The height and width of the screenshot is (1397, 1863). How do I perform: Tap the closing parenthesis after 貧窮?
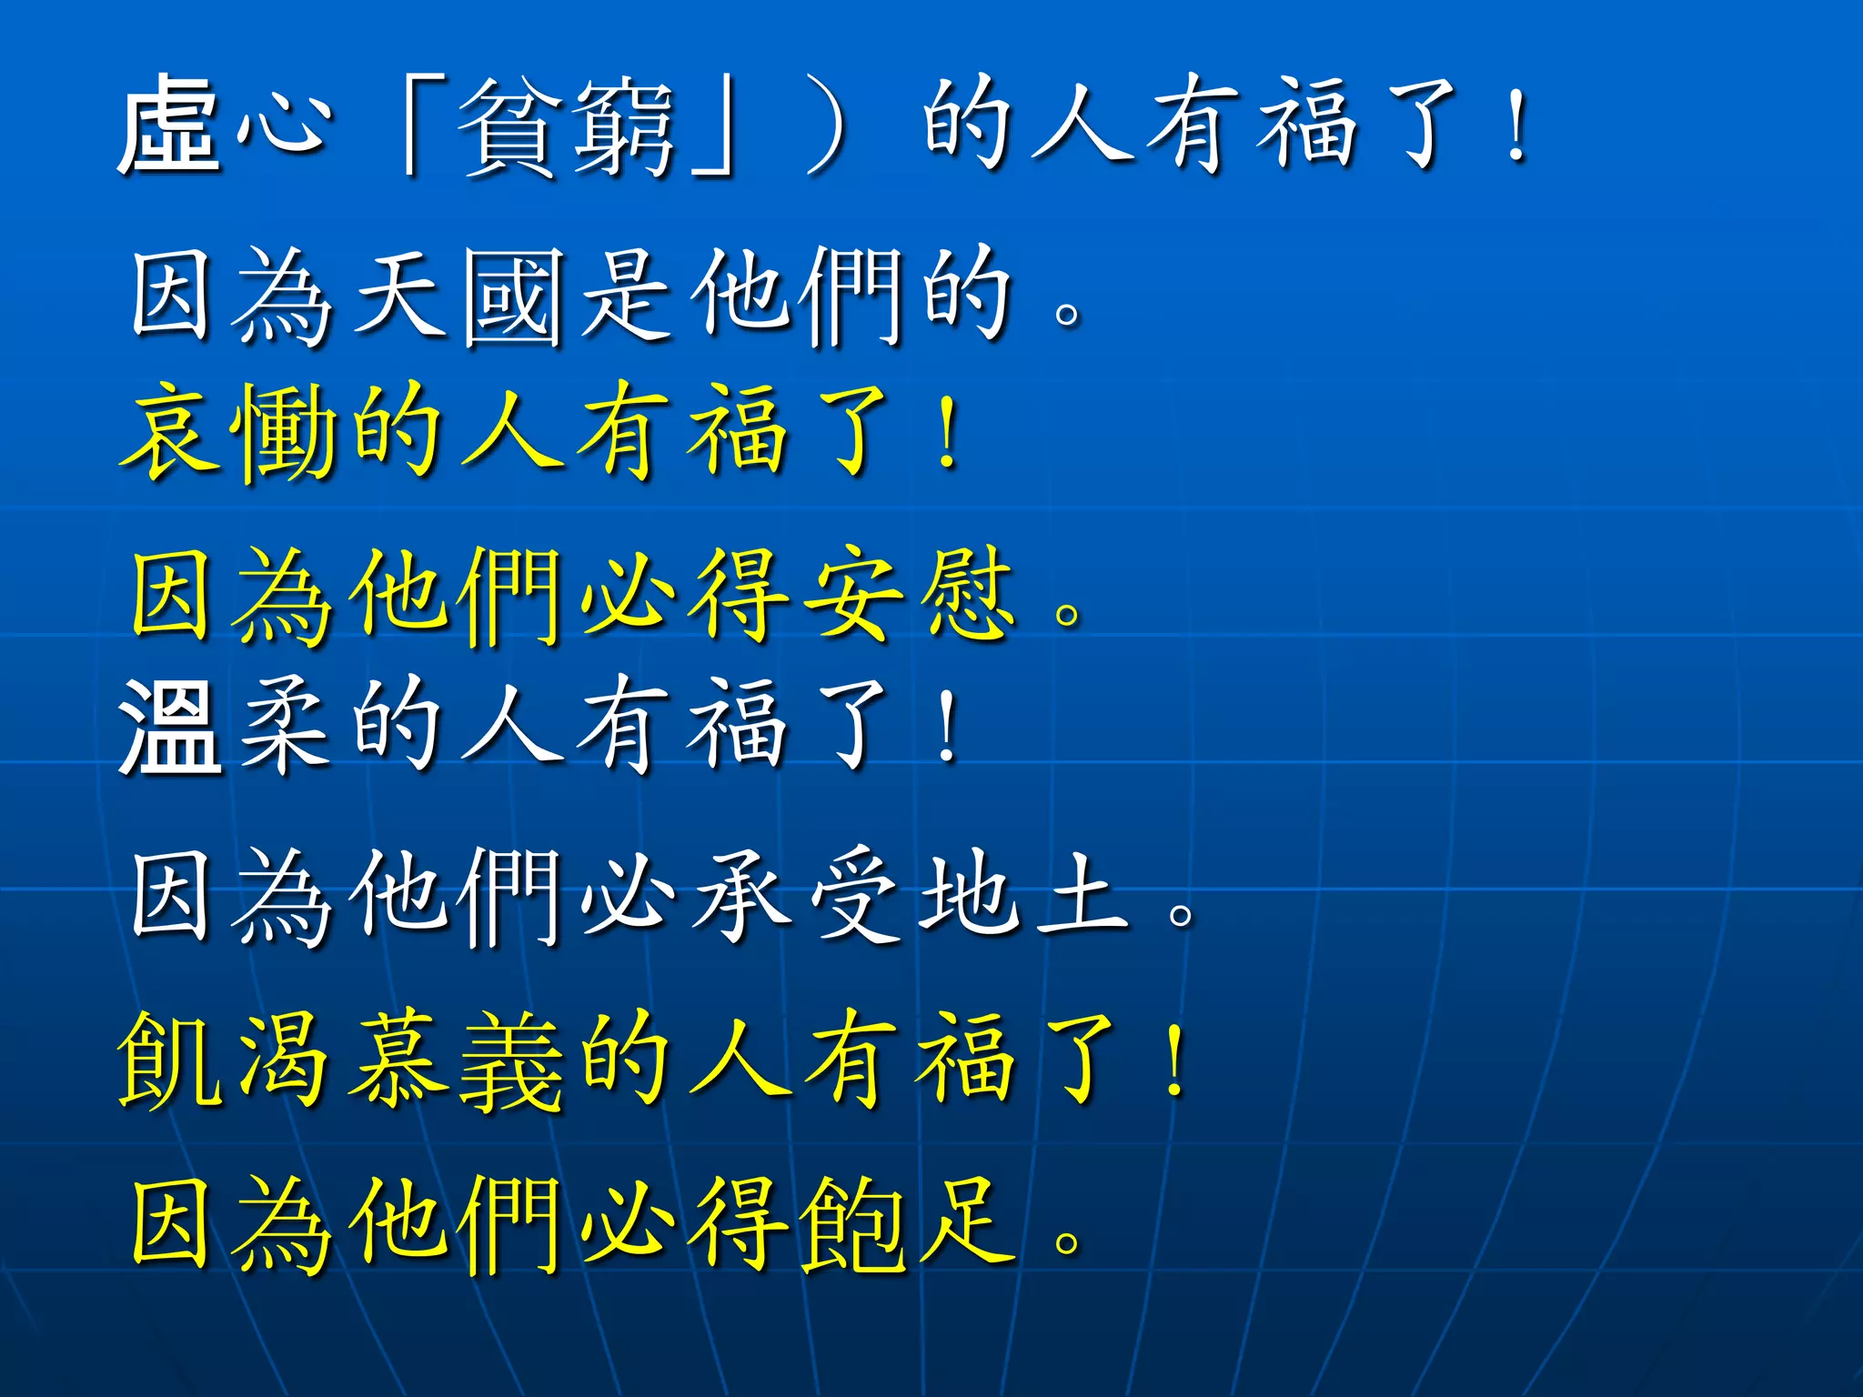(828, 127)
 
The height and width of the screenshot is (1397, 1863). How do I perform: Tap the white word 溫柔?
(223, 726)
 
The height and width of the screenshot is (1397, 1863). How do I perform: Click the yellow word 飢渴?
(223, 1060)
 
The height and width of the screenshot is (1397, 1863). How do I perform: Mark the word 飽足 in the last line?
(910, 1223)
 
